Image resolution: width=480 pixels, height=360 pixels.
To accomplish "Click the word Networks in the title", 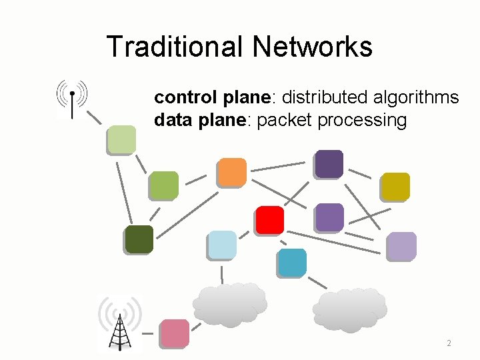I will (312, 47).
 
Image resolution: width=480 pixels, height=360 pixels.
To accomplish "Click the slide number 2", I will (449, 343).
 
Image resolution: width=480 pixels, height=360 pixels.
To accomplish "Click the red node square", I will (269, 220).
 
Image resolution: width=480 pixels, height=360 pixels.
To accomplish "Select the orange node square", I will (233, 172).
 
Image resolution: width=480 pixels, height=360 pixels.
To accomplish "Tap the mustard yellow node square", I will (395, 187).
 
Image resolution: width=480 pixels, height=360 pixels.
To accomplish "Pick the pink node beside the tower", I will (175, 334).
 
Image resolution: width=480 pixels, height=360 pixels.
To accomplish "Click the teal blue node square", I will (292, 263).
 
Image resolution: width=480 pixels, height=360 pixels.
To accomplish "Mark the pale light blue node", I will (221, 245).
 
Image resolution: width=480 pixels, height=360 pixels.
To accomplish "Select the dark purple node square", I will (329, 164).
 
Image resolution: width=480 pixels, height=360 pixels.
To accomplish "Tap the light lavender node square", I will (401, 246).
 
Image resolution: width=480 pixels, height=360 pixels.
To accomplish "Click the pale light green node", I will (121, 140).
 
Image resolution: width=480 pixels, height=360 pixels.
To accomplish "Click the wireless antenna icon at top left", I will (72, 98).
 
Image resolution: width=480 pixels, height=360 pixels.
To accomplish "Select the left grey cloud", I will (229, 304).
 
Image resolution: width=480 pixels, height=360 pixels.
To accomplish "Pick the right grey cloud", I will (349, 309).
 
